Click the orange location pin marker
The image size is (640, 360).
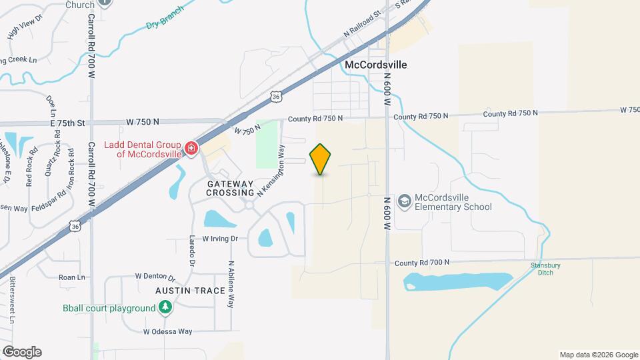click(x=320, y=159)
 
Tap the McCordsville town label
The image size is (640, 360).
click(x=375, y=65)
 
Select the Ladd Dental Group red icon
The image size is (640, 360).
click(x=191, y=147)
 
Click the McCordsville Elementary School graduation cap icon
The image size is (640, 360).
click(x=404, y=201)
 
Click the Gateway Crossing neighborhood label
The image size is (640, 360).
click(x=230, y=188)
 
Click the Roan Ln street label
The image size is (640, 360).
click(x=72, y=277)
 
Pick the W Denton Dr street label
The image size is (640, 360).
click(x=155, y=277)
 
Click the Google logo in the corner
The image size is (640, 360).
click(x=22, y=351)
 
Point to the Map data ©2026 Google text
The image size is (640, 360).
click(x=598, y=355)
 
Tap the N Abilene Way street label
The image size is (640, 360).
click(x=231, y=283)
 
